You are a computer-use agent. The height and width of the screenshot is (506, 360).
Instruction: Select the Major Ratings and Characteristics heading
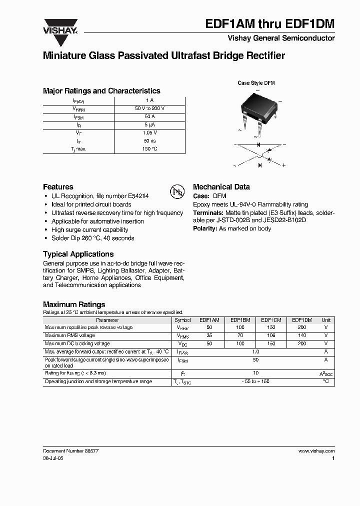(x=101, y=91)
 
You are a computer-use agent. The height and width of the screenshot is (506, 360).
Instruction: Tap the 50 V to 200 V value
(x=149, y=108)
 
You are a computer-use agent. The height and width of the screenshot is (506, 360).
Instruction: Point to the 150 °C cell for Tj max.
(x=149, y=149)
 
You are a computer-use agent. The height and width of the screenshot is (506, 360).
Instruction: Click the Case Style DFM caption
(x=256, y=83)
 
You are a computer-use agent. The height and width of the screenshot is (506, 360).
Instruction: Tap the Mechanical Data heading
(x=221, y=187)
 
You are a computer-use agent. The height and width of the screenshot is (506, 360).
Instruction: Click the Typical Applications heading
(x=78, y=254)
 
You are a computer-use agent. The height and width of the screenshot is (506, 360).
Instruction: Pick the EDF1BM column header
(x=240, y=320)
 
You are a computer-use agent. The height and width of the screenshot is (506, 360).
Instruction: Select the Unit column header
(x=326, y=320)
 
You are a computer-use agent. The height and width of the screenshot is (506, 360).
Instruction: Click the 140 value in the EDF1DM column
(x=301, y=335)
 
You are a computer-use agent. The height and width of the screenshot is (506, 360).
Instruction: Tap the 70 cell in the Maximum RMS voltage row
(x=240, y=335)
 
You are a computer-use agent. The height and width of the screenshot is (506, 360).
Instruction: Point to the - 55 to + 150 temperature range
(x=255, y=382)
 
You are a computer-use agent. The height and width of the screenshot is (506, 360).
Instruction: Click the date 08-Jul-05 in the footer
(x=53, y=458)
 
